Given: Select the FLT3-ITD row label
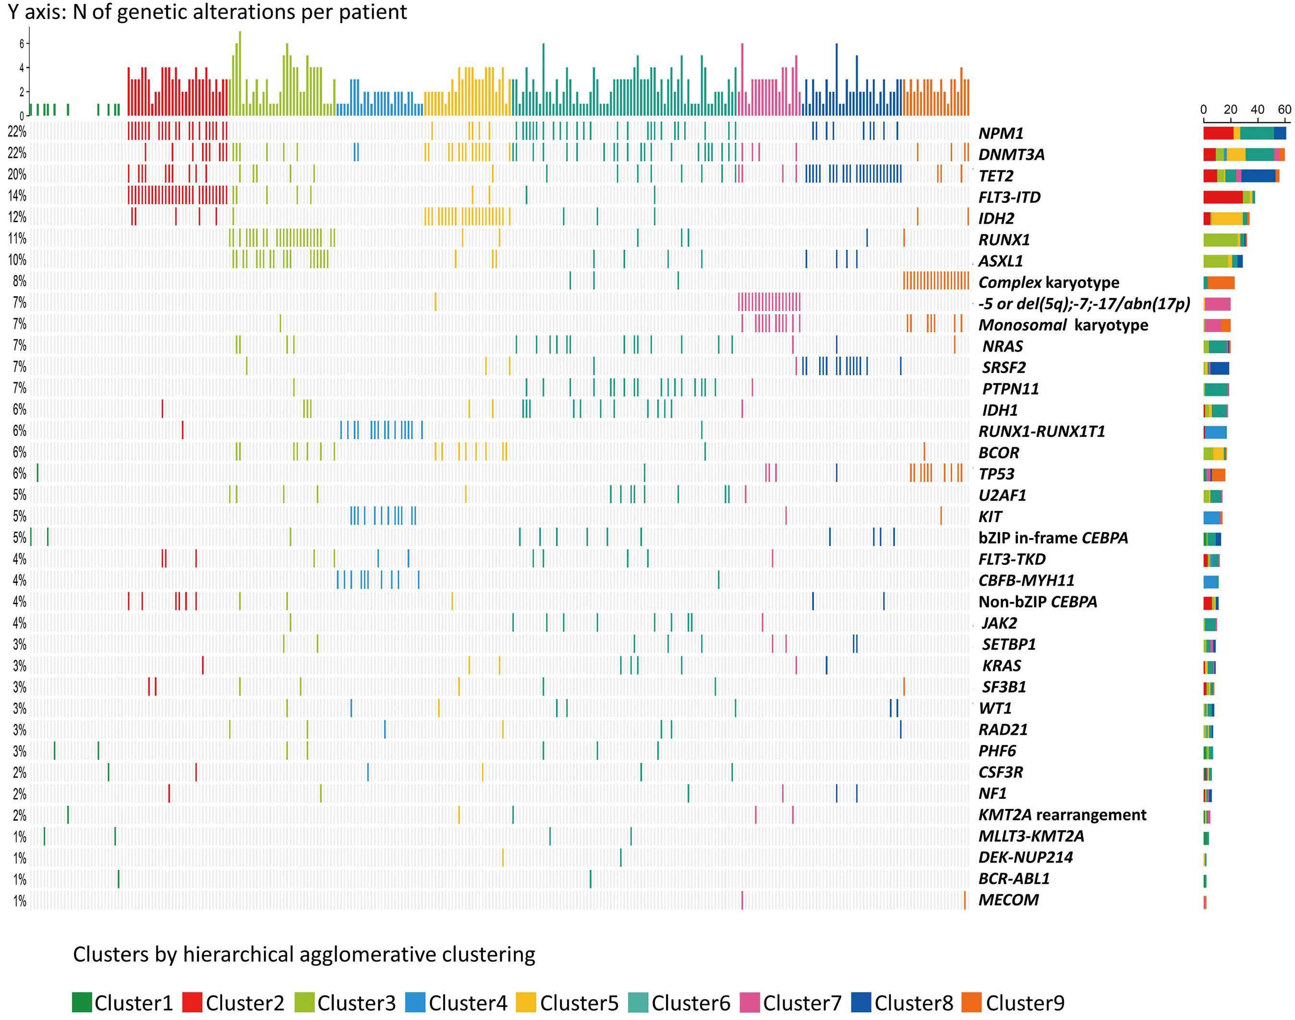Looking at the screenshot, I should tap(1009, 197).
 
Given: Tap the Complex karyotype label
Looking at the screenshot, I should tap(1048, 282).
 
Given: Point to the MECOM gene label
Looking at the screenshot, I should tap(1008, 900).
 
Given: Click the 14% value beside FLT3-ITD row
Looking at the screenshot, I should tap(17, 196).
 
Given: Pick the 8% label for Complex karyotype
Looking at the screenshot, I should tap(19, 281).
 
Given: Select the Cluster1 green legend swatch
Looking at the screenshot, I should tap(82, 1003).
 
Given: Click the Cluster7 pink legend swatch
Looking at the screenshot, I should tap(750, 1003).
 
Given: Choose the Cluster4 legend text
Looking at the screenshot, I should tap(468, 1003).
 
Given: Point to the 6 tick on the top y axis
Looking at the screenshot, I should tap(22, 44).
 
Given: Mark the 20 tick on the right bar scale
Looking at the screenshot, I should tap(1231, 110).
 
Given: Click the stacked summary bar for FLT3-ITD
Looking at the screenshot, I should tap(1229, 198).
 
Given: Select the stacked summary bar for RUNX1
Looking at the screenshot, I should tap(1224, 240).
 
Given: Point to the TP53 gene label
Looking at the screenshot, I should tap(996, 474).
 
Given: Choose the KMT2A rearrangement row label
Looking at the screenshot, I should tap(1062, 815).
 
